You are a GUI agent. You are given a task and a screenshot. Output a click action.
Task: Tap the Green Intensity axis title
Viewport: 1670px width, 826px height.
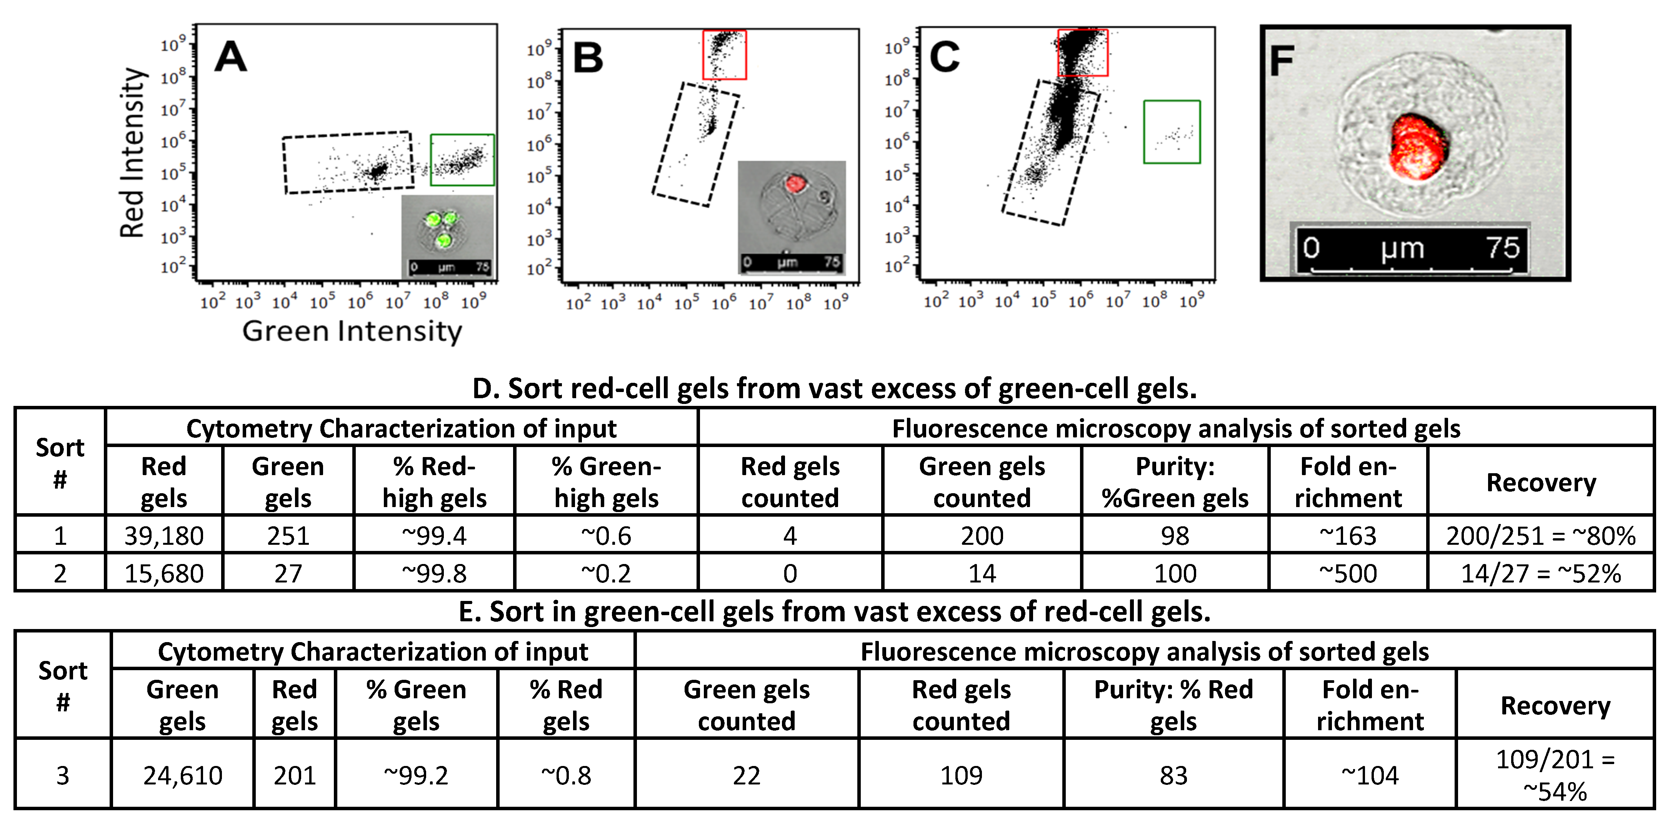pos(352,331)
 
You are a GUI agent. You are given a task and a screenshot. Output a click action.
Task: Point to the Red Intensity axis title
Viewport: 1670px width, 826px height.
pos(132,153)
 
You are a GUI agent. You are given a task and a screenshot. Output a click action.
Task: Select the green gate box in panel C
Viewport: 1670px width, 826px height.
pos(1172,132)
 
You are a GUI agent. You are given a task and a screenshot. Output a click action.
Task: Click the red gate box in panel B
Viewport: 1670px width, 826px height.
pos(725,55)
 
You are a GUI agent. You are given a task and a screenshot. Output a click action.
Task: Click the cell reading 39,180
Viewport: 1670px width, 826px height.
pos(164,536)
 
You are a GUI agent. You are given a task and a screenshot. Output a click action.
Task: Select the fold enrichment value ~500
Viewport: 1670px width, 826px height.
pos(1348,573)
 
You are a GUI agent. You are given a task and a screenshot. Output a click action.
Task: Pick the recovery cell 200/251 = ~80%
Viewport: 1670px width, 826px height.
pos(1541,536)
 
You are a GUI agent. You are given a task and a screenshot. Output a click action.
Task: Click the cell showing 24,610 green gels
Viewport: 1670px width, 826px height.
pos(183,775)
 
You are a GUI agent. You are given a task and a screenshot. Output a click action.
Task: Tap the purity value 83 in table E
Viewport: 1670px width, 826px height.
pos(1173,775)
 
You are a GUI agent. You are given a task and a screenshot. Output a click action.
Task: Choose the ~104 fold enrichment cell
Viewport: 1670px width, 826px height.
pos(1370,775)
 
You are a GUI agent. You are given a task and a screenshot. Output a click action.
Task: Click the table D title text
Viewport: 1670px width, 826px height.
pos(834,388)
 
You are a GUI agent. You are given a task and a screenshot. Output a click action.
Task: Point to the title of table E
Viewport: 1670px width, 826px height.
pos(834,611)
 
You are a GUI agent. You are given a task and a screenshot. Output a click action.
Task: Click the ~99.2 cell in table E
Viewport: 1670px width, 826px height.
pos(416,775)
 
